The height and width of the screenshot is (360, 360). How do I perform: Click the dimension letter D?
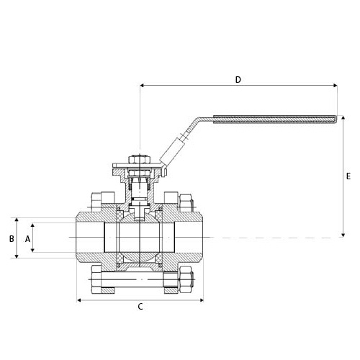[238, 79]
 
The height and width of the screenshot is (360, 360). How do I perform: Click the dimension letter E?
[348, 176]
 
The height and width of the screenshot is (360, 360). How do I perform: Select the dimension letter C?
[140, 307]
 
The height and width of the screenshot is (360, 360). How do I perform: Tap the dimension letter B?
[12, 239]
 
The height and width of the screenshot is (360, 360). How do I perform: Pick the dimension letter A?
[28, 239]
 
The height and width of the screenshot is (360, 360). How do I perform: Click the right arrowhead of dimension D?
[336, 85]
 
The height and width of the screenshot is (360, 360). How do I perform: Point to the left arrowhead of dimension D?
[142, 85]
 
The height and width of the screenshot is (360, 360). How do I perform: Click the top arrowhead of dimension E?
[343, 118]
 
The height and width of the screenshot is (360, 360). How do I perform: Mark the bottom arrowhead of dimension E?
[343, 235]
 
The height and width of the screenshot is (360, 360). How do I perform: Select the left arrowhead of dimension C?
[78, 300]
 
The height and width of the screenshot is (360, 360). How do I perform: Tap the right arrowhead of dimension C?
[202, 300]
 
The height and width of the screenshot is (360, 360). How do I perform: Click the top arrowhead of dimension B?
[17, 220]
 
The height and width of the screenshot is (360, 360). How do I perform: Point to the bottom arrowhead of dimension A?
[32, 250]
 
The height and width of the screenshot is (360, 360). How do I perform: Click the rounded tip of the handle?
[335, 120]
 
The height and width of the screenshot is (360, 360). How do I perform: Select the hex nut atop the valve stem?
[140, 160]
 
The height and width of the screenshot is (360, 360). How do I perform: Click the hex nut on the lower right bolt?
[186, 279]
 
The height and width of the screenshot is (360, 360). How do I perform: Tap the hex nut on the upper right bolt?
[186, 203]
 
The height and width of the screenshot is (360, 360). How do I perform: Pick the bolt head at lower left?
[96, 279]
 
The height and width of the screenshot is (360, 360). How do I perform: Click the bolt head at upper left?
[96, 202]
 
